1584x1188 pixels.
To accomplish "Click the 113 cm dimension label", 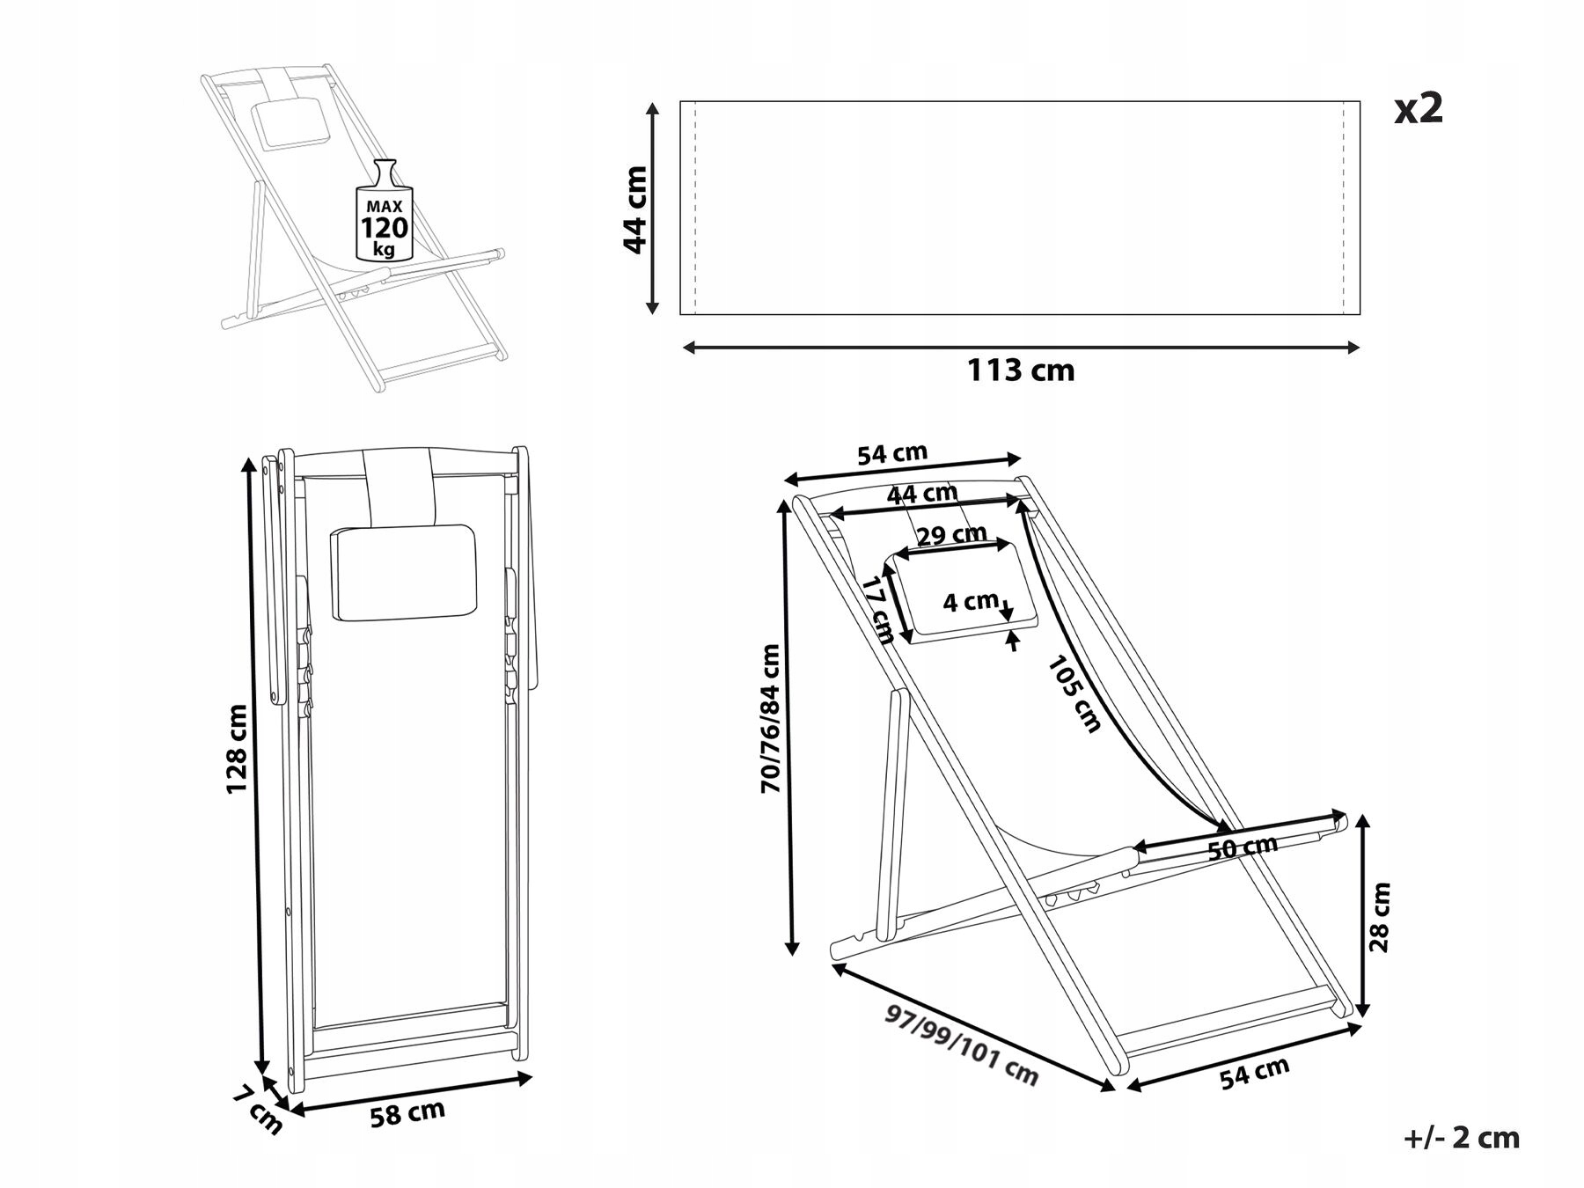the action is point(1021,370).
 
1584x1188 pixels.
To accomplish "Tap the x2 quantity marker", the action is point(1419,108).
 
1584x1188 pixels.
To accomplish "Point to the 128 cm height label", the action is point(237,749).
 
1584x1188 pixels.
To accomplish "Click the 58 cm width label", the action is point(407,1114).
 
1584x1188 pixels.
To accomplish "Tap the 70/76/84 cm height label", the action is point(771,719).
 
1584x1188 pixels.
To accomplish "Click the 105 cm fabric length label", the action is point(1074,695).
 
